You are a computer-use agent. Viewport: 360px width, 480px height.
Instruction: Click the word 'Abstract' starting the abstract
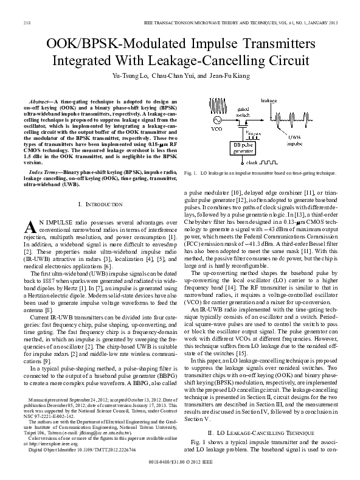pos(40,98)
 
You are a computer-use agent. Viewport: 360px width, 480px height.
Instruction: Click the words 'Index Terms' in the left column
pos(43,173)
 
